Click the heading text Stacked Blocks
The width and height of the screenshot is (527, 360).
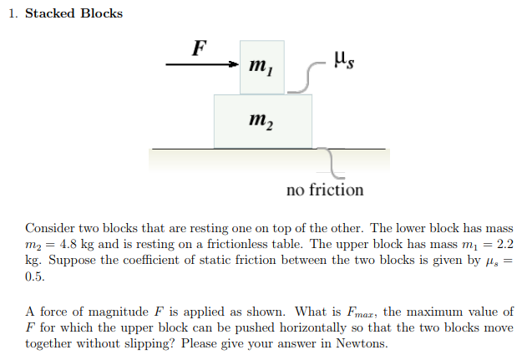74,13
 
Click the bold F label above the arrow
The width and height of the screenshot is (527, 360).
198,48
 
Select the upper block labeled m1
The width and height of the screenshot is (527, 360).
261,67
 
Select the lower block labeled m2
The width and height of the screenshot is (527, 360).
263,121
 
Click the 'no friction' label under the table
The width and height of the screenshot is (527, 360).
325,190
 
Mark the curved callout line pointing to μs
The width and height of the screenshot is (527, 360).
303,75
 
